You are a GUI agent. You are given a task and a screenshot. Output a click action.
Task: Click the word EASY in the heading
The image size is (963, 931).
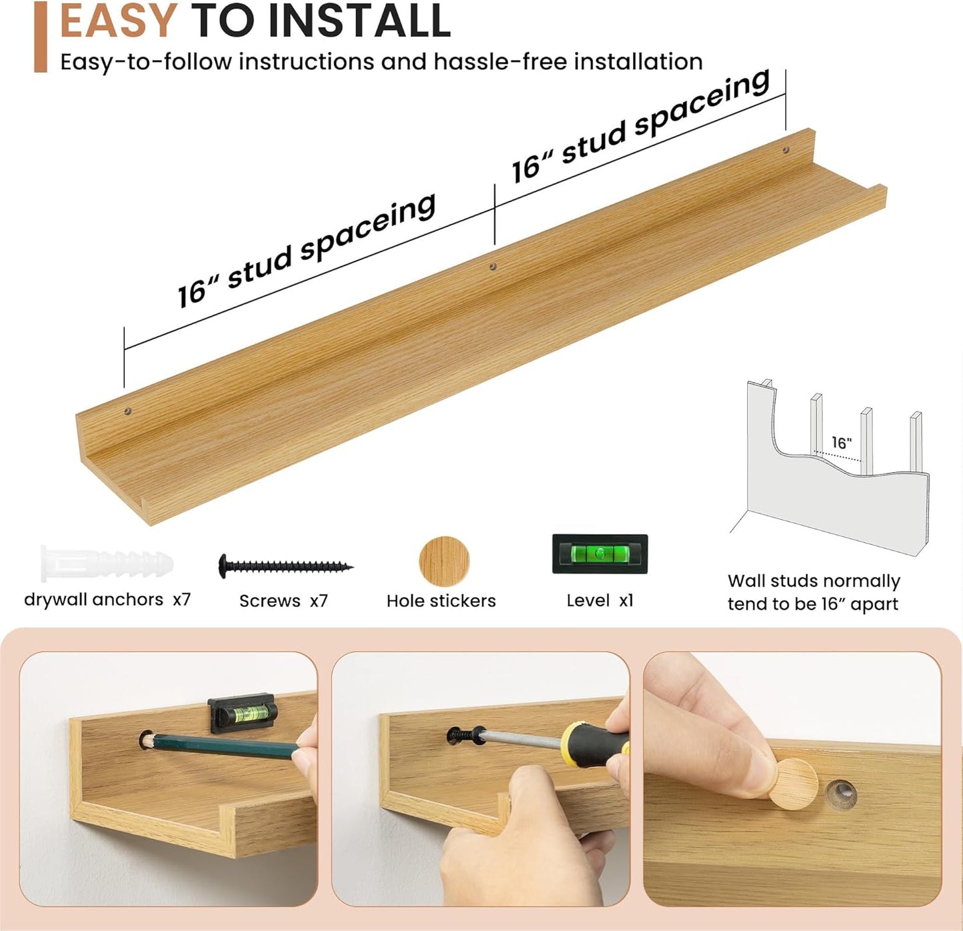coord(118,20)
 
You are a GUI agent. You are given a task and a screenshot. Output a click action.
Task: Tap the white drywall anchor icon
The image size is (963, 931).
coord(107,563)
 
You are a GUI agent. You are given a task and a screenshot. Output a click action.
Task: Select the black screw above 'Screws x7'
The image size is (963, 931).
coord(285,566)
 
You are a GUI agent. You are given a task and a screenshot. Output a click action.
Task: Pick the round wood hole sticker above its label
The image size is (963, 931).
coord(444,561)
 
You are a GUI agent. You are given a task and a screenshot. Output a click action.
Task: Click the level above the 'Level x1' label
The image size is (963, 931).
coord(600,554)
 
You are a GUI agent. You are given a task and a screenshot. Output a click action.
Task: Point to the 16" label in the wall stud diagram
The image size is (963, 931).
coord(841,442)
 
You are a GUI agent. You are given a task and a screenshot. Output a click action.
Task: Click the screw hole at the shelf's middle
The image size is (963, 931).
coord(492,267)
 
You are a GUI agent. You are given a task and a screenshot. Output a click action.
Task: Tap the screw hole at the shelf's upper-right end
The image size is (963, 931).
coord(785,149)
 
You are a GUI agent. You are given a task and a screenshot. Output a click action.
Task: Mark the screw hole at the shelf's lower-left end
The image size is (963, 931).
coord(128,411)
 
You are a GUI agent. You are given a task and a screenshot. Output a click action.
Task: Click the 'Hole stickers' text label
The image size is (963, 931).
coord(441,601)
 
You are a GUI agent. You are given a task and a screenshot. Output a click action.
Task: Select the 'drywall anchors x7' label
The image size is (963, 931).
coord(107,600)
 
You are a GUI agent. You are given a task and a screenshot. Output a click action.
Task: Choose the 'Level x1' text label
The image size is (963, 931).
coord(600,600)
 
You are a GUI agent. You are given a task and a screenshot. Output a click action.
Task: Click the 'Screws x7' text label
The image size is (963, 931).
coord(283,601)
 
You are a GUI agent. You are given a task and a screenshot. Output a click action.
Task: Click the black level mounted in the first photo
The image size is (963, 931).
coord(242,713)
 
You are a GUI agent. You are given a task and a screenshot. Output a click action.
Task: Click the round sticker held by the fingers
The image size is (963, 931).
coord(793,784)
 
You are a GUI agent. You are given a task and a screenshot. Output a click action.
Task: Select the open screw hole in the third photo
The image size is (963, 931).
coord(841,794)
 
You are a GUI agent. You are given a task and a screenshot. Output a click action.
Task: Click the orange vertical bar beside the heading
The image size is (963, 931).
coord(41,37)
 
